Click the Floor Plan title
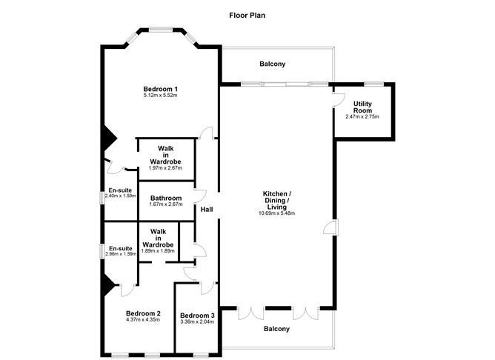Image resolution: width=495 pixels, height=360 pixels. coord(247,14)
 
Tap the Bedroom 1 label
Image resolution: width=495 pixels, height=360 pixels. coord(161,89)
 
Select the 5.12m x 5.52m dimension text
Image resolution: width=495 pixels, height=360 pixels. coord(161,96)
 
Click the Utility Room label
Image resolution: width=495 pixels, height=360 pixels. coord(362,106)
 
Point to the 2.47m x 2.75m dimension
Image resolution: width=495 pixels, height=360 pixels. coord(362,116)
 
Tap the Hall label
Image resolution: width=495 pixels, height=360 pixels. coord(207,210)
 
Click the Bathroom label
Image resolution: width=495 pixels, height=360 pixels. coord(166,198)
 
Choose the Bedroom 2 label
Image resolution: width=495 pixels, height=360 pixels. coord(143,313)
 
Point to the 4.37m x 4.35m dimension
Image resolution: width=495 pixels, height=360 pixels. coord(143,319)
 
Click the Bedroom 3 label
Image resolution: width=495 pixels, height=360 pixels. coord(196,315)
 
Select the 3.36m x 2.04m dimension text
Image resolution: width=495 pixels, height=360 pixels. coord(196,321)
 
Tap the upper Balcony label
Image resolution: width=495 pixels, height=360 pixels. coord(272,64)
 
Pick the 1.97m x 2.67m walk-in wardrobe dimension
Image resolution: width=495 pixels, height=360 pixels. coord(165,167)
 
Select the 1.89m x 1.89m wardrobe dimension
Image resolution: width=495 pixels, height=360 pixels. coord(158,250)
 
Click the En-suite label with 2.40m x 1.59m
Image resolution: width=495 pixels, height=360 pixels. coord(120,190)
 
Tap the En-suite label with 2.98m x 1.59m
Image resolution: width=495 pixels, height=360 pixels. coord(120,248)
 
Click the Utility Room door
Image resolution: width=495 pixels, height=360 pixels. coord(339,97)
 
